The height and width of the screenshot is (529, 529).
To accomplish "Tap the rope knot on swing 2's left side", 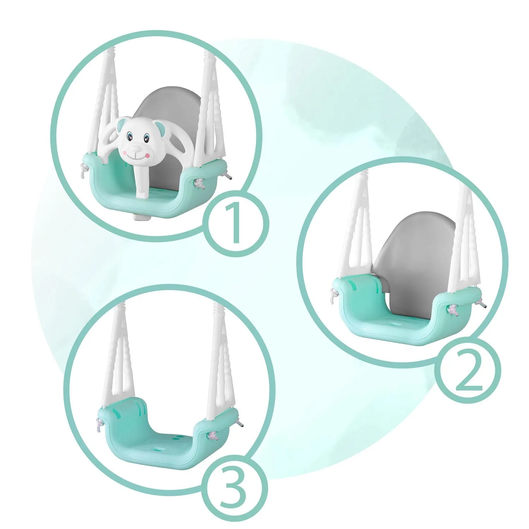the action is pyautogui.click(x=332, y=293).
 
